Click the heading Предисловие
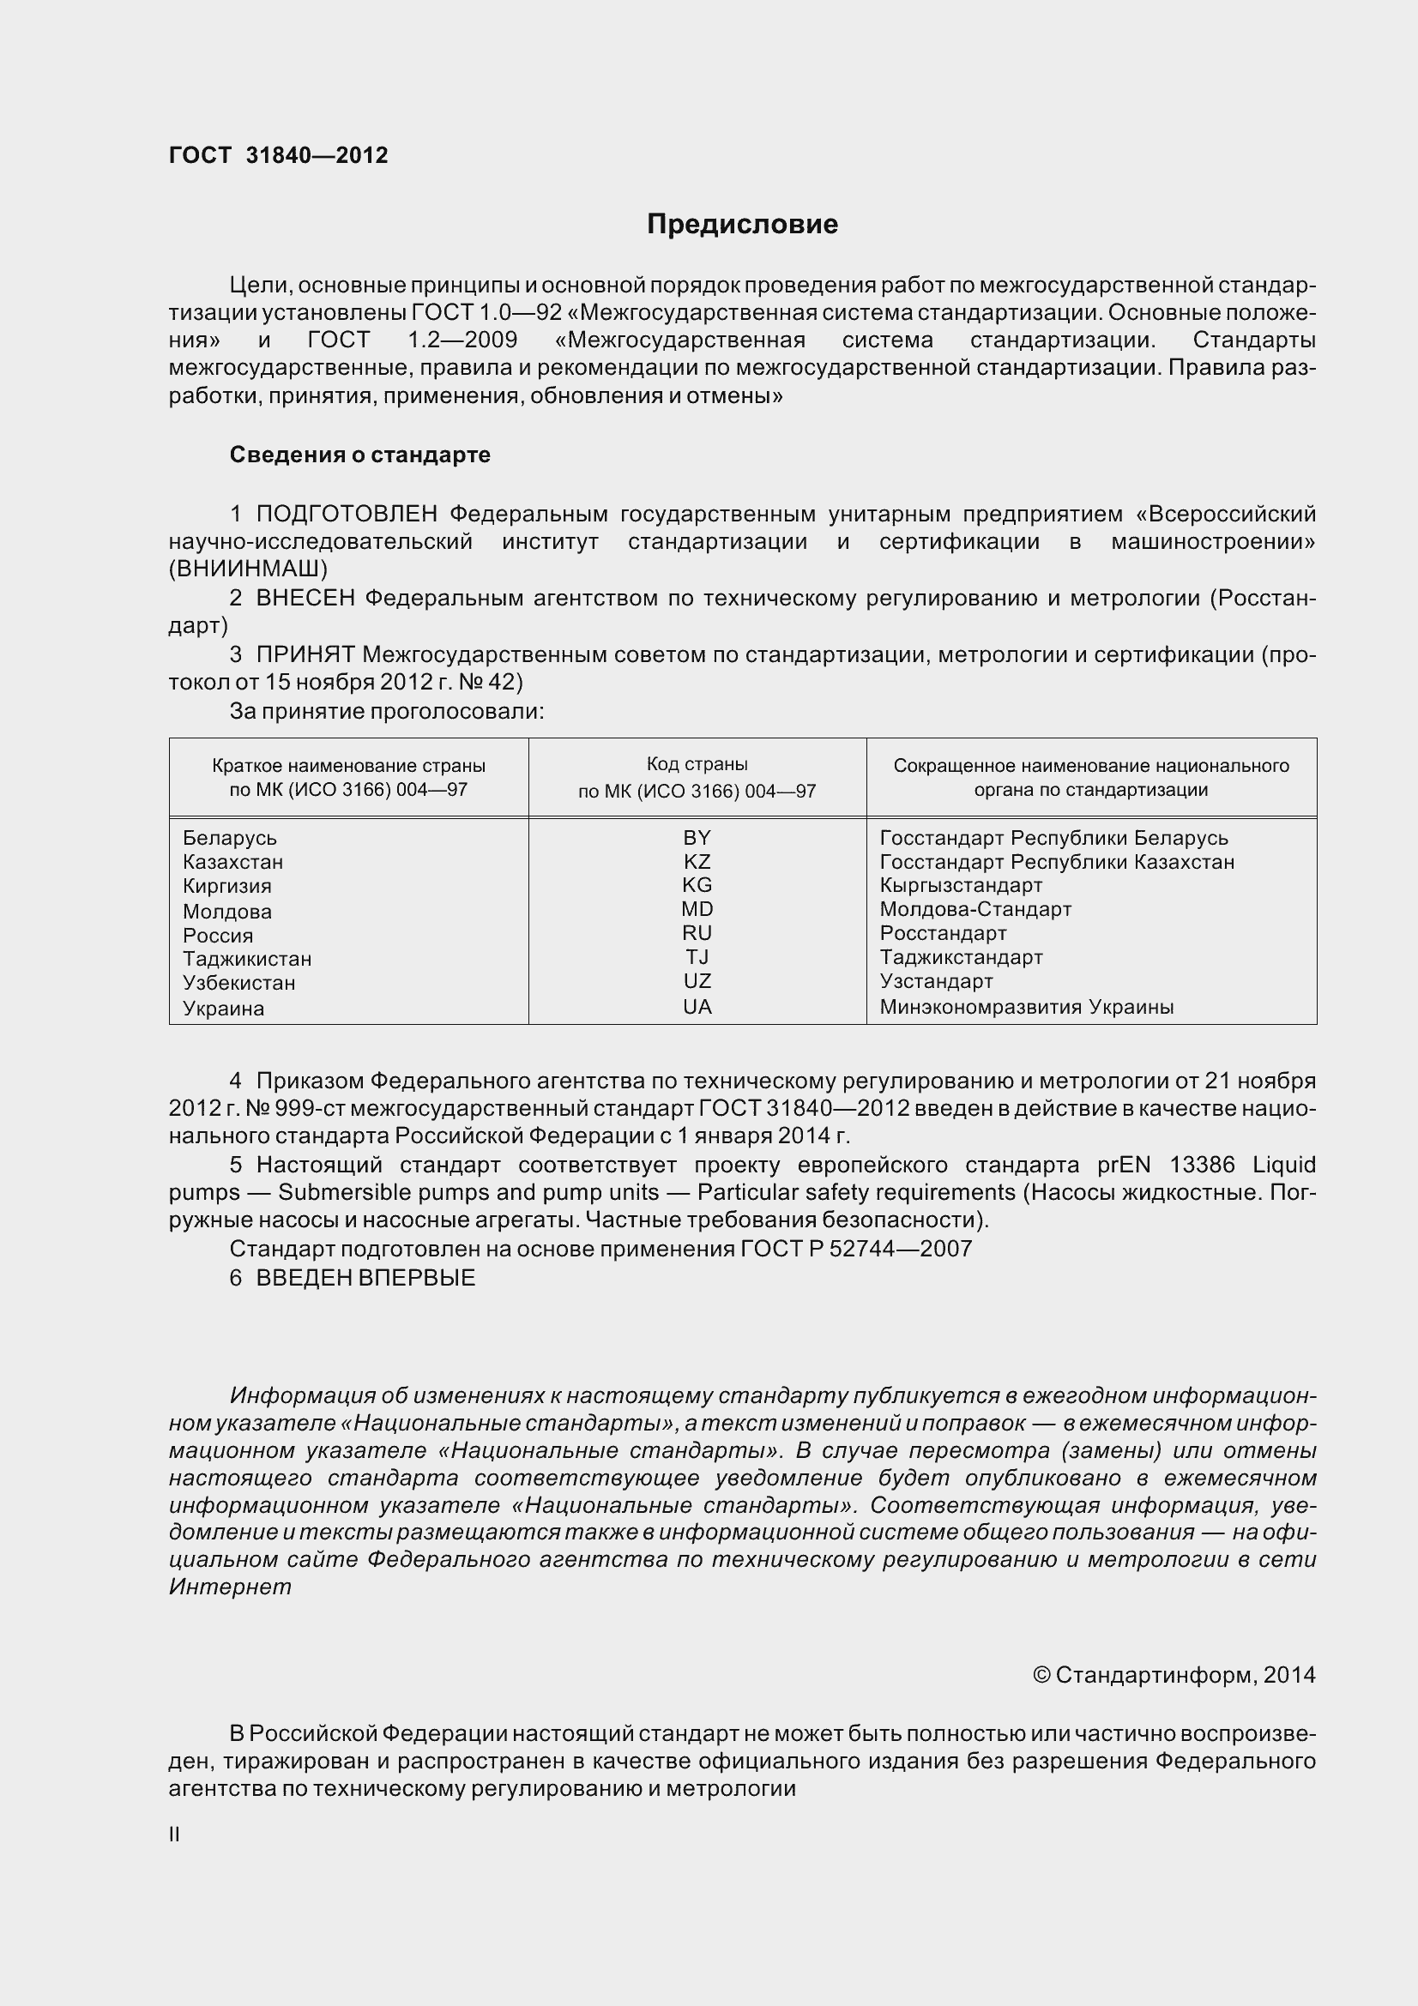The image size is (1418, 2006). [742, 225]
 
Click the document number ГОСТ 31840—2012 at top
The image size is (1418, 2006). [278, 155]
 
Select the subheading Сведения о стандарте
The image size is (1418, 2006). [360, 455]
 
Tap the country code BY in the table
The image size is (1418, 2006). [697, 837]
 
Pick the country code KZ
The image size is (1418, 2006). [697, 861]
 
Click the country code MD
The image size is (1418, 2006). [697, 908]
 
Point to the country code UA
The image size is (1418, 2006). [697, 1007]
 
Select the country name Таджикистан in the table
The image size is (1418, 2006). [247, 959]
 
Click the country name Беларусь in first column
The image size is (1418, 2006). [230, 838]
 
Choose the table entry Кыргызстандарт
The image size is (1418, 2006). [960, 885]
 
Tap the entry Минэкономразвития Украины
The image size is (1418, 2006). [1026, 1007]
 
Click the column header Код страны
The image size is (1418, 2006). [697, 764]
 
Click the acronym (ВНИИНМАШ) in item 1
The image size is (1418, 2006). [248, 569]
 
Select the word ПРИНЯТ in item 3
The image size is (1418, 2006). [305, 654]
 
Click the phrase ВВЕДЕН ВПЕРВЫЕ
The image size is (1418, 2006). [365, 1278]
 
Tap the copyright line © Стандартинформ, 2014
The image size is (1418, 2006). [1174, 1675]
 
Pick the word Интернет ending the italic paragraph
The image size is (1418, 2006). [230, 1587]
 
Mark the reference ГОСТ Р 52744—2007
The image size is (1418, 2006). [855, 1249]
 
